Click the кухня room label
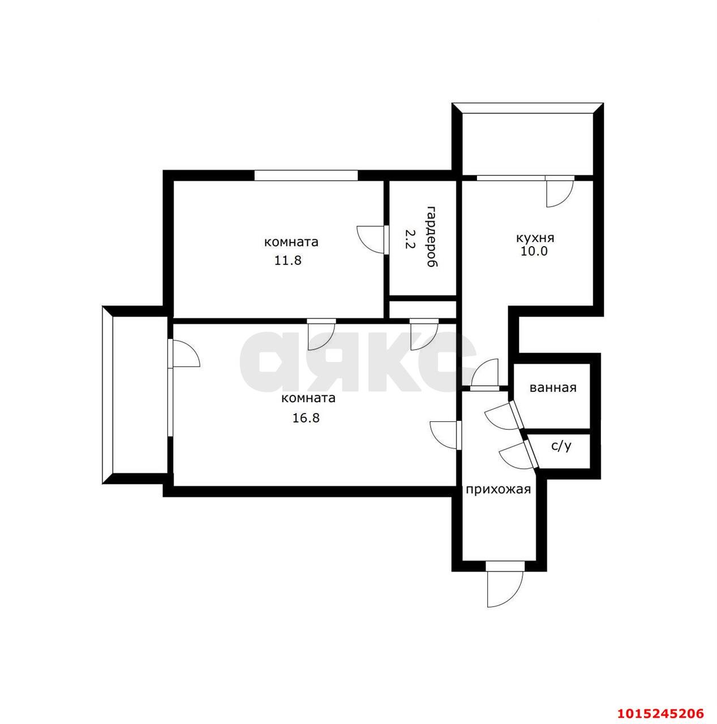pos(535,238)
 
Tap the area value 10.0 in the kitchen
pos(534,251)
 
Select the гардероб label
pos(433,236)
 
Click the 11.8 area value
pos(288,260)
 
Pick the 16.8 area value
pos(306,417)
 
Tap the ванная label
pos(553,388)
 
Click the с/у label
pos(561,446)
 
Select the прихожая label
pos(498,490)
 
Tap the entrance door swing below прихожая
pos(504,594)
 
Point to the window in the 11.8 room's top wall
pos(306,175)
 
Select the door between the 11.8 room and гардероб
pos(371,240)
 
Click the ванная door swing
pos(503,415)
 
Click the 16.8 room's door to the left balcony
pos(184,353)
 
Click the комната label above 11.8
pos(291,242)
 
